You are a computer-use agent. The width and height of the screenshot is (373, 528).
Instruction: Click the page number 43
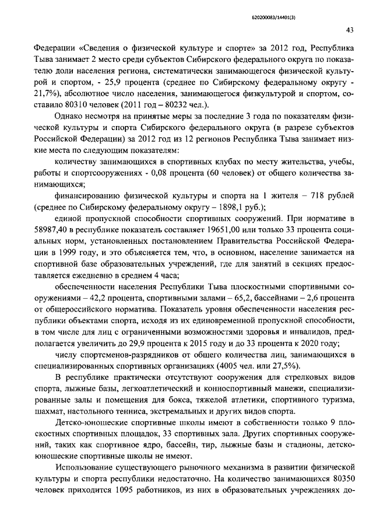coord(350,30)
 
